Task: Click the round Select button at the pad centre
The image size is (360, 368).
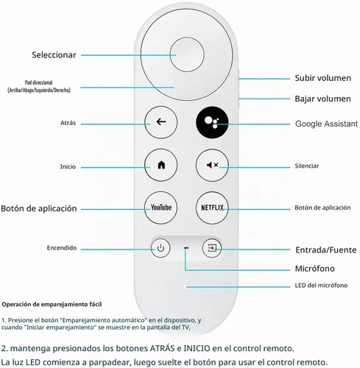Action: (187, 54)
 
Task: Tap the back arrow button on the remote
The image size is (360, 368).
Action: (160, 122)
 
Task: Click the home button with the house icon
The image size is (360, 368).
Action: (160, 165)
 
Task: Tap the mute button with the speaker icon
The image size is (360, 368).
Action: (212, 165)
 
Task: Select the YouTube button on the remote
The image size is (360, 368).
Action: (160, 208)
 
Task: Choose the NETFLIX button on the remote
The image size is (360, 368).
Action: (212, 208)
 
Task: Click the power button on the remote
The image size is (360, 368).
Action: (160, 248)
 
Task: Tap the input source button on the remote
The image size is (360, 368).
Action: (212, 248)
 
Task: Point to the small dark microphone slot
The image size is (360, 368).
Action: (186, 248)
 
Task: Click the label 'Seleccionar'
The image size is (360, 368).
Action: (54, 55)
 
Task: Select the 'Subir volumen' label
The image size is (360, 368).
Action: (322, 78)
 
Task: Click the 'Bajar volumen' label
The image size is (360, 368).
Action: (322, 99)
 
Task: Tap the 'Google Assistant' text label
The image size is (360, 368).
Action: (326, 124)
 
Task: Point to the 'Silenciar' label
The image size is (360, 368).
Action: (307, 166)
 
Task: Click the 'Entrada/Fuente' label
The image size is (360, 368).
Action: (326, 250)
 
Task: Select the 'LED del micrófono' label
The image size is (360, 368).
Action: (321, 286)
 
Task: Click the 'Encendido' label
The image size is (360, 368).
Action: (62, 248)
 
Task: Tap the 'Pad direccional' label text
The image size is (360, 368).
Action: (39, 82)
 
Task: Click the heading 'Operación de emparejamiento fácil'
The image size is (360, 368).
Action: (52, 305)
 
